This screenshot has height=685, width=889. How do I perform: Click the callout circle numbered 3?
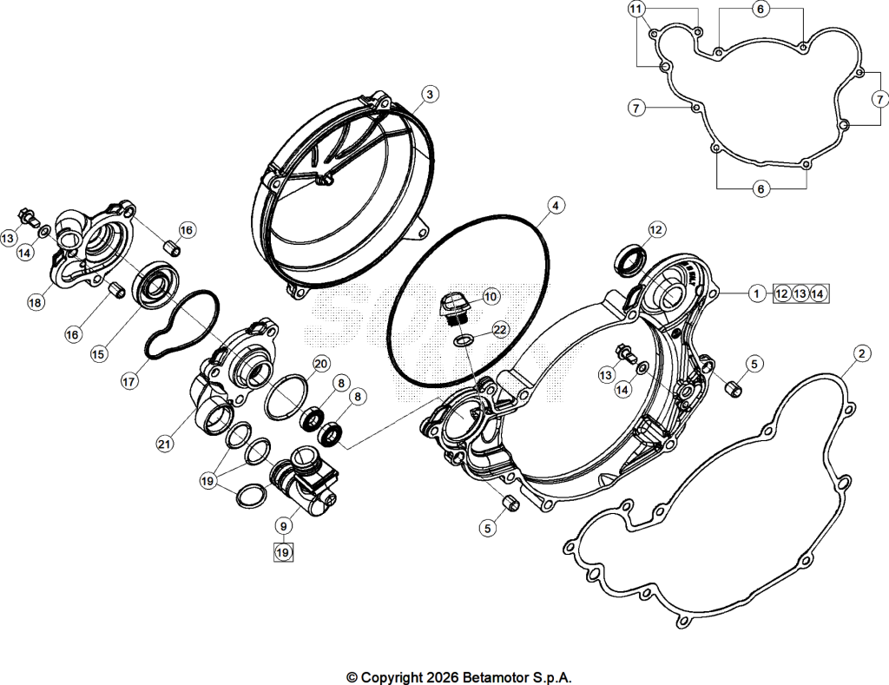coord(430,94)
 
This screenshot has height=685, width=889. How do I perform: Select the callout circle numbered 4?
coord(556,205)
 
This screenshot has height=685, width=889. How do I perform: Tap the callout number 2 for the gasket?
coord(861,354)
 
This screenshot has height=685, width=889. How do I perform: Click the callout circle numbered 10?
coord(491,297)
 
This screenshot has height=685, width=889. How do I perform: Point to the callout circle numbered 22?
coord(500,329)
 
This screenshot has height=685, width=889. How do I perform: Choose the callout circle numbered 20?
coord(321,364)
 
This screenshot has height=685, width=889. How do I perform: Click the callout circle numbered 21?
coord(164,444)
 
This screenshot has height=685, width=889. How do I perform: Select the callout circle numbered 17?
coord(129,382)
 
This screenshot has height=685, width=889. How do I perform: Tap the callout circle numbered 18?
coord(35,303)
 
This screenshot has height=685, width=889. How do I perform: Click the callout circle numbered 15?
coord(99,354)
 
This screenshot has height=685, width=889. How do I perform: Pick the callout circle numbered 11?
coord(636,9)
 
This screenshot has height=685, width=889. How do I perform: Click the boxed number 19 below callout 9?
coord(283,552)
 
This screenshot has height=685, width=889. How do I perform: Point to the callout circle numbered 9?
coord(284,526)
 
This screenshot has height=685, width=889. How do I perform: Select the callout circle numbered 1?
coord(756,293)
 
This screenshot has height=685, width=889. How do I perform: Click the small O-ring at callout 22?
coord(464,340)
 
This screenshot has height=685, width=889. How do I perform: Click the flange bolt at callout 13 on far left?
coord(28,215)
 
